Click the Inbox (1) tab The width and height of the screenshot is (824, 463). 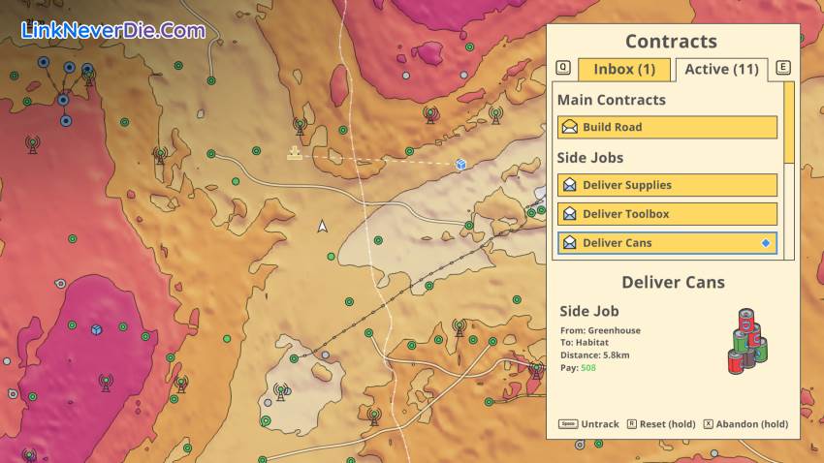coord(624,69)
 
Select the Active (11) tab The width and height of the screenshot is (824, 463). coord(721,69)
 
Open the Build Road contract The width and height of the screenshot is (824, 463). coord(667,127)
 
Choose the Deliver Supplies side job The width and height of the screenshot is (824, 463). coord(667,185)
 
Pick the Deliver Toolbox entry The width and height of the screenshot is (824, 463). coord(667,214)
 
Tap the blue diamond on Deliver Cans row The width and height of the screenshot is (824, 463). coord(766,243)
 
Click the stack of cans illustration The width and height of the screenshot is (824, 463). coord(747,341)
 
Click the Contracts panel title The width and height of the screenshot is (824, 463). coord(671,41)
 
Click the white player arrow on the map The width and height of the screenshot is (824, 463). coord(323,227)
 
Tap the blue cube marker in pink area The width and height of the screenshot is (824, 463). coord(96,330)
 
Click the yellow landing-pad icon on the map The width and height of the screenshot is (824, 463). coord(294,153)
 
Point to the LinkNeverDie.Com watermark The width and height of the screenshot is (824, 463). coord(112,30)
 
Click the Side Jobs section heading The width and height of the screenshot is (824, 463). coord(589,157)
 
